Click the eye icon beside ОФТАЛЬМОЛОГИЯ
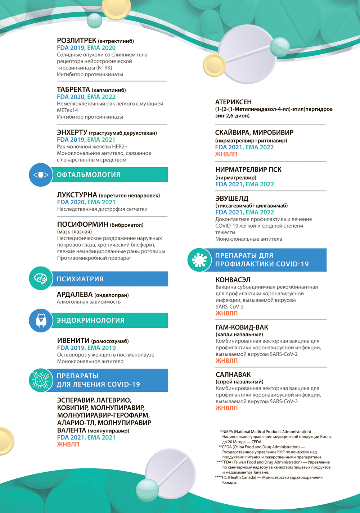coord(41,175)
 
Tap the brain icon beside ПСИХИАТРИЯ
coord(41,278)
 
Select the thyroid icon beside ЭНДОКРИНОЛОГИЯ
coord(41,320)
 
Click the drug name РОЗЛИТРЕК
coord(77,41)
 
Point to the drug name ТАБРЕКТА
coord(73,90)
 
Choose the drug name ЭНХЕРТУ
coord(72,133)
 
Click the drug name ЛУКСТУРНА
coord(77,195)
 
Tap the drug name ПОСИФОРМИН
coord(83,224)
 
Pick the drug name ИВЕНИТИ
coord(73,341)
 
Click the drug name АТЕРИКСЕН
coord(233,102)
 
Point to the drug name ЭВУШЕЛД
coord(232,199)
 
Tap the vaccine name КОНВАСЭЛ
coord(233,280)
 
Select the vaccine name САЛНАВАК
coord(233,374)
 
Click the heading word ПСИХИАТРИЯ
coord(80,279)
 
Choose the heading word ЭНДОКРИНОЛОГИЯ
coord(90,321)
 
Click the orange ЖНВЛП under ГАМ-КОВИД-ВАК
coord(226,361)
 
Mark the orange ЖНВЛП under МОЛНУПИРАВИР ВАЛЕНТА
coord(68,444)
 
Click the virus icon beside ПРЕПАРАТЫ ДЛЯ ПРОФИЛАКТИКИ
coord(199,260)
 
